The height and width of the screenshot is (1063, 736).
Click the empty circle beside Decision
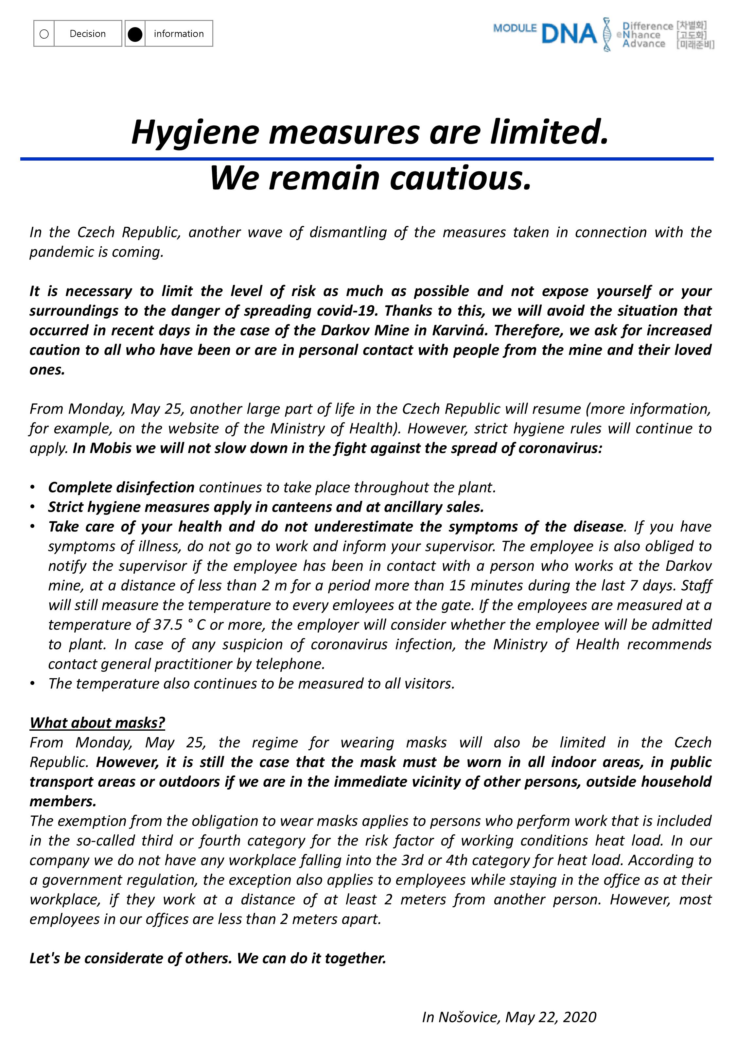(x=44, y=34)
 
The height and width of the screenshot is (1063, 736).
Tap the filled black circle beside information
(x=135, y=34)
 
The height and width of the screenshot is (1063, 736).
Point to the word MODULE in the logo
(x=515, y=28)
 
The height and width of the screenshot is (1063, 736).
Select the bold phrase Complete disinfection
(x=121, y=487)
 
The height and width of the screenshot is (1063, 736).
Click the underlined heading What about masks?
(x=97, y=723)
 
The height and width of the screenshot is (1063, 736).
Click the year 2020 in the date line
(x=580, y=1017)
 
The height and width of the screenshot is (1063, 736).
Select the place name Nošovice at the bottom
(x=468, y=1017)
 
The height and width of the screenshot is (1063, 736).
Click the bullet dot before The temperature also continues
(x=32, y=684)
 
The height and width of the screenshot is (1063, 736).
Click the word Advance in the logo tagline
(x=643, y=44)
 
